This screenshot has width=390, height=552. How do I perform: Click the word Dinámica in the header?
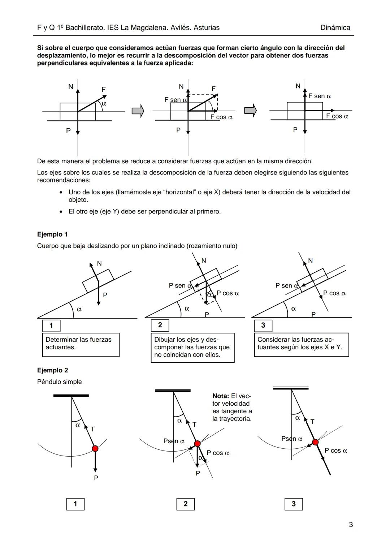tap(335, 28)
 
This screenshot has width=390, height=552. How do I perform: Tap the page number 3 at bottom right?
tap(351, 525)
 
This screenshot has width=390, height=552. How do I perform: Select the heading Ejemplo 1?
tap(52, 234)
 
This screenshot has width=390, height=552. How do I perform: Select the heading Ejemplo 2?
tap(52, 370)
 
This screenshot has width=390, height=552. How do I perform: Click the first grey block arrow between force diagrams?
tap(138, 111)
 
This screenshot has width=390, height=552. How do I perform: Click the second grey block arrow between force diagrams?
tap(250, 111)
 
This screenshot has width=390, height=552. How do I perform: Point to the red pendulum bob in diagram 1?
tap(95, 449)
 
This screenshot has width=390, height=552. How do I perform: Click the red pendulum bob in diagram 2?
tap(197, 444)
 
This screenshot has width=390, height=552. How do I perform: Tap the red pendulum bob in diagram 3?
tap(315, 442)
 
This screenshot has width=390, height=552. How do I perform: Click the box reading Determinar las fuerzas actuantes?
tap(81, 345)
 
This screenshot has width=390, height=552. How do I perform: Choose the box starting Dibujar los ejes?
tap(192, 348)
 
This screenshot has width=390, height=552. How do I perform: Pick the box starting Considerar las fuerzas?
tap(301, 345)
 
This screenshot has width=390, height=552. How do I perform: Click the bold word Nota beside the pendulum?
tap(221, 396)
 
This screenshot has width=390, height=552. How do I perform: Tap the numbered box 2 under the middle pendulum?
tap(185, 504)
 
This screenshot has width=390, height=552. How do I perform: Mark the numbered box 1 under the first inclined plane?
tap(51, 325)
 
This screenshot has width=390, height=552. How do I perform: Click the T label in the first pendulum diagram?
tap(93, 429)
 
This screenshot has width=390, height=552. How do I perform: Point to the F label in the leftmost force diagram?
tap(104, 89)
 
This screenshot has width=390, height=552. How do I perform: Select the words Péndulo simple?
tap(60, 382)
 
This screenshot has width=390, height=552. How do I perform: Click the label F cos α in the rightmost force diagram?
tap(337, 116)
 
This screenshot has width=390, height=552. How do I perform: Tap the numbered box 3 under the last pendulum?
tap(293, 504)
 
